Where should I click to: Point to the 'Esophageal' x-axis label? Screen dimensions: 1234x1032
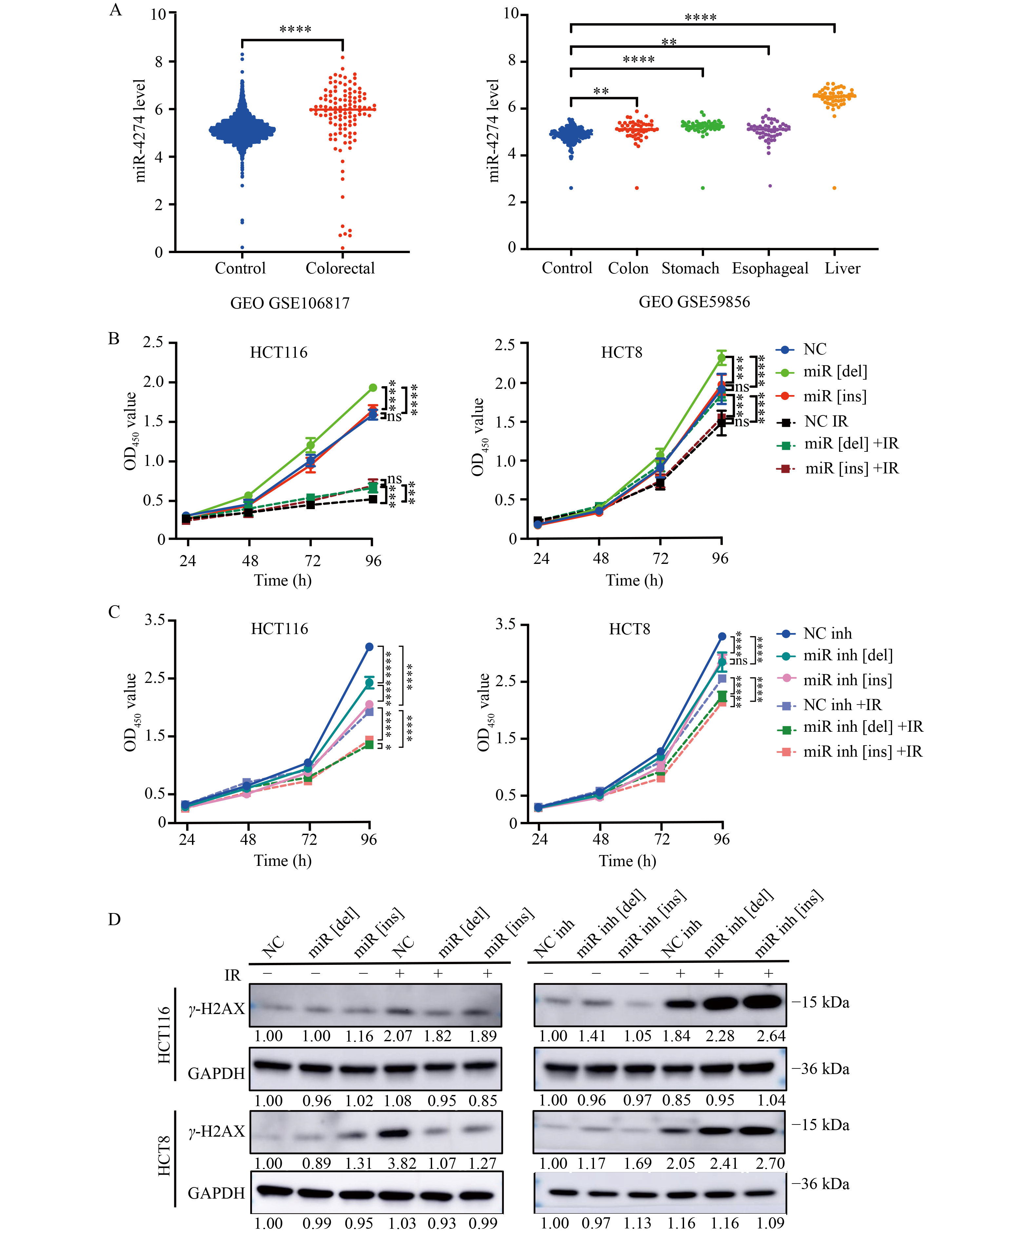pos(770,269)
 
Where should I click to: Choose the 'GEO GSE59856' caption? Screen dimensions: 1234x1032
pos(694,302)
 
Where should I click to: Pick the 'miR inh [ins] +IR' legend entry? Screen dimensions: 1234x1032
pos(862,751)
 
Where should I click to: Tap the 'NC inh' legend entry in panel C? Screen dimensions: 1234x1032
pos(827,633)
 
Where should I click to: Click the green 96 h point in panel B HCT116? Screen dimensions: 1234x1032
pos(373,388)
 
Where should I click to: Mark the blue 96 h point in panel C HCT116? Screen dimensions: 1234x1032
pos(370,647)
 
